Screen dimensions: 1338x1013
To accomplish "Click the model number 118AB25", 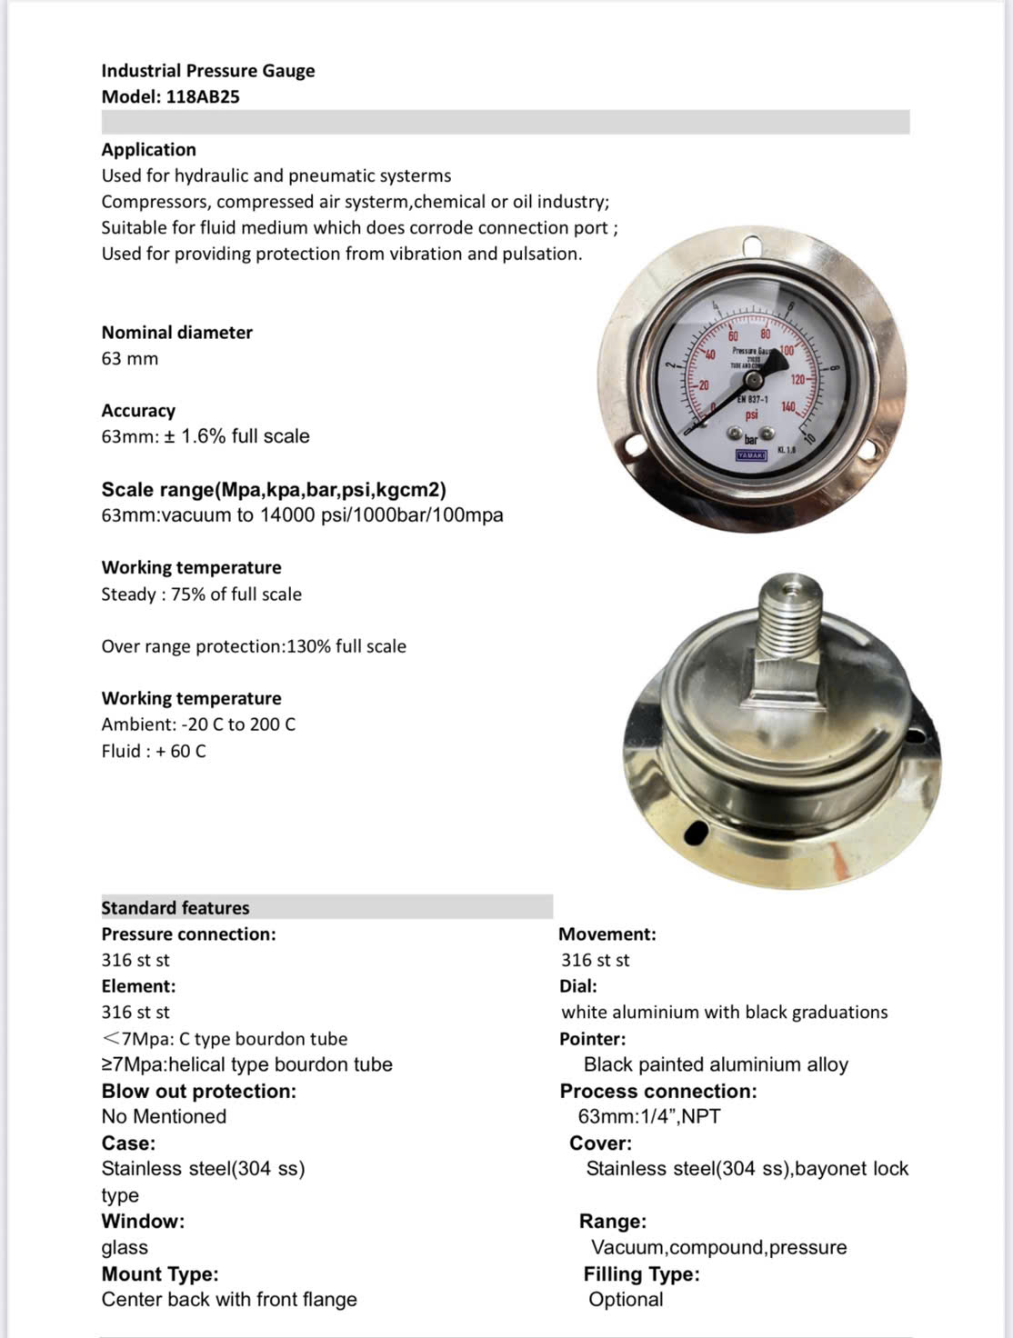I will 203,96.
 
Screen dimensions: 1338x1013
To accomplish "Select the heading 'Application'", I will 148,149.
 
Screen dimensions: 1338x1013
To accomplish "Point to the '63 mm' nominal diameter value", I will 130,358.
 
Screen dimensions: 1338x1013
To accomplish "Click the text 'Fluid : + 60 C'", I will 154,751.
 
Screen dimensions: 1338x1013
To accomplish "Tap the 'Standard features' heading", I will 175,907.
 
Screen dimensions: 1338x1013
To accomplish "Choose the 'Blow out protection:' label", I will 198,1091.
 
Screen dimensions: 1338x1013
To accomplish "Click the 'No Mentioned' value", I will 164,1116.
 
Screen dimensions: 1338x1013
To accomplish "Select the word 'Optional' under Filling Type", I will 626,1300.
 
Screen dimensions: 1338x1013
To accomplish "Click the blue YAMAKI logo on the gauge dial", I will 751,453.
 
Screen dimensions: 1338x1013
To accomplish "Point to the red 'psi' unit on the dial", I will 751,414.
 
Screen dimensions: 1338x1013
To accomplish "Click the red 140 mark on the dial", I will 787,407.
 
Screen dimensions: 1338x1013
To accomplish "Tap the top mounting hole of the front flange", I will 752,245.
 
